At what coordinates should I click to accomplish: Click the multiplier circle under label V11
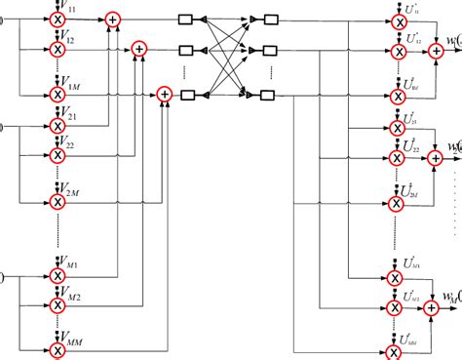(58, 19)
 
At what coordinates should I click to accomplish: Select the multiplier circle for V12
(58, 47)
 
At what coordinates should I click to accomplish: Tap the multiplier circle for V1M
(58, 95)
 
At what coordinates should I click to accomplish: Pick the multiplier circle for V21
(58, 126)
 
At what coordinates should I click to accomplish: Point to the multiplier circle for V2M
(58, 202)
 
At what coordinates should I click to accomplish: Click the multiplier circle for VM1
(58, 277)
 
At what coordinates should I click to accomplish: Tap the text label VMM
(72, 332)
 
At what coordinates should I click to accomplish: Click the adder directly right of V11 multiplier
(115, 19)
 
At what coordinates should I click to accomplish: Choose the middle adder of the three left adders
(138, 47)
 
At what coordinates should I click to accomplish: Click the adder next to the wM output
(431, 307)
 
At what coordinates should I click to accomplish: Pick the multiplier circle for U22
(395, 158)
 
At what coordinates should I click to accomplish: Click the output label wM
(449, 296)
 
